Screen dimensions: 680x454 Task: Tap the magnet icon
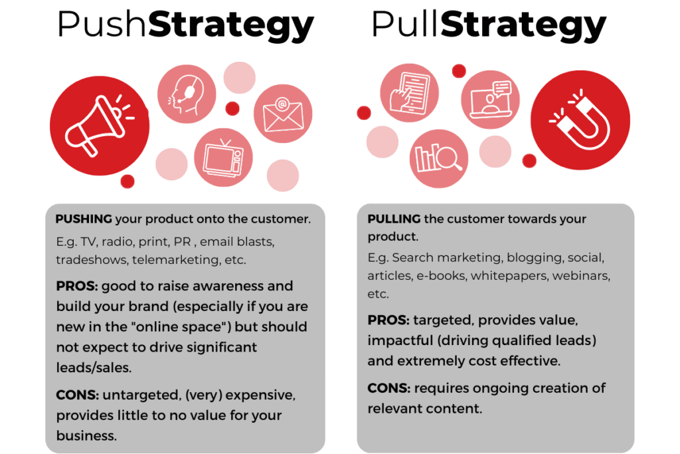tap(580, 120)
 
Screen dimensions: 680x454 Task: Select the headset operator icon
tap(187, 94)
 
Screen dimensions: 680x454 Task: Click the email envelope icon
tap(283, 114)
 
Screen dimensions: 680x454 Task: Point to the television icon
tap(223, 158)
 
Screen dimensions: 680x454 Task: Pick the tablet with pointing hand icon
tap(409, 93)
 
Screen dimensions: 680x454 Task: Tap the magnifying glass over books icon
tap(438, 158)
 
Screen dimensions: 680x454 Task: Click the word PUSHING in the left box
tap(84, 219)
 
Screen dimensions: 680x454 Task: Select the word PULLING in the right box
tap(394, 219)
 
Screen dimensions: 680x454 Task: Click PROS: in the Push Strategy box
tap(77, 286)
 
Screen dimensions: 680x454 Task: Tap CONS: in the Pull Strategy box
tap(388, 388)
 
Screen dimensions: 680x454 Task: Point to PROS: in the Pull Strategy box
tap(388, 320)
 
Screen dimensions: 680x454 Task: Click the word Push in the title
tap(101, 25)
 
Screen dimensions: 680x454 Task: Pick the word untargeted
tap(141, 395)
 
